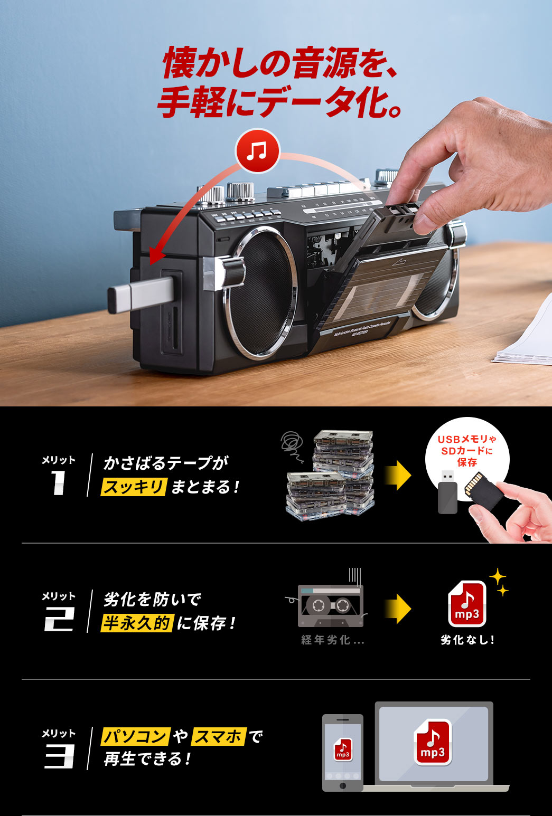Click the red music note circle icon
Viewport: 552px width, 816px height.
[x=257, y=151]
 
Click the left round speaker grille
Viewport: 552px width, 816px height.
[x=259, y=293]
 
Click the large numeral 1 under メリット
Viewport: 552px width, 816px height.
[x=58, y=482]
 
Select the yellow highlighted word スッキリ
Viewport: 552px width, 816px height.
[x=134, y=486]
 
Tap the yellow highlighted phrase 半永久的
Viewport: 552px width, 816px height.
[x=137, y=623]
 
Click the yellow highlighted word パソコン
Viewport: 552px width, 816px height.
[x=135, y=736]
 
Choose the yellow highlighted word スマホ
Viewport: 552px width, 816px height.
[x=219, y=736]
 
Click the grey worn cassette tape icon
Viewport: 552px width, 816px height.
[x=331, y=605]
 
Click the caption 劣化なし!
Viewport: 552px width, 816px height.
[x=467, y=640]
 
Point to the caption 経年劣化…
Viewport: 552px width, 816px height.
[x=332, y=640]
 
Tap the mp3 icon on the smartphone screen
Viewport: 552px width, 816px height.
[x=343, y=749]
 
